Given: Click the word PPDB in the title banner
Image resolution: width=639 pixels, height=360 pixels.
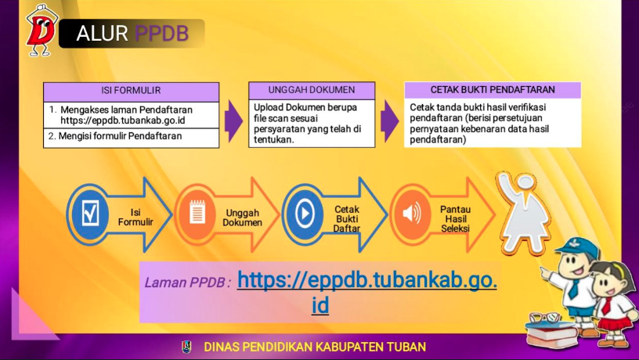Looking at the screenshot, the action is pos(161,34).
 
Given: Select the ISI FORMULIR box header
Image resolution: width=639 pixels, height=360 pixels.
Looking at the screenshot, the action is pos(132,92).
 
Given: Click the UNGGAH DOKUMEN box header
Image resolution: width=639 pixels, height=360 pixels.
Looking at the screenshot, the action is pos(312,91).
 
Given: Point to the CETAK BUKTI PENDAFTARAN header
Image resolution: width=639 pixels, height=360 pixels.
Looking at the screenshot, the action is pos(493,90).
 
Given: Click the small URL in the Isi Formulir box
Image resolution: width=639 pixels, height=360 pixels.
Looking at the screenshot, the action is pos(123,121).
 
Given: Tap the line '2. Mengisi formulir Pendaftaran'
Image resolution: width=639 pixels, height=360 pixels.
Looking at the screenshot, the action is pos(115,136).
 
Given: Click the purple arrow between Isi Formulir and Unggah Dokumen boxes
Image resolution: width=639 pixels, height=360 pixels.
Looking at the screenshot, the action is pos(233,121).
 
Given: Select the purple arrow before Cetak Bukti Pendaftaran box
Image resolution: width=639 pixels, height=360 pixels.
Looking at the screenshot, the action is pos(390,121).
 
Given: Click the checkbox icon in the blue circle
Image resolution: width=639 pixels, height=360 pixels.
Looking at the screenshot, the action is pos(90,214).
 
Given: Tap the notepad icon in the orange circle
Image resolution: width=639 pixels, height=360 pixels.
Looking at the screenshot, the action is pos(197,212).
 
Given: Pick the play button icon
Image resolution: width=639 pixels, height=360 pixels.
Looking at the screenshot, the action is pos(305,214).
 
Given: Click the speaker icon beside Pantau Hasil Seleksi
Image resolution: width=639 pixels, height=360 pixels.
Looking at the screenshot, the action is pos(412,214).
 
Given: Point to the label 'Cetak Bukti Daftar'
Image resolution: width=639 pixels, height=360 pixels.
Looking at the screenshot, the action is pos(347,218).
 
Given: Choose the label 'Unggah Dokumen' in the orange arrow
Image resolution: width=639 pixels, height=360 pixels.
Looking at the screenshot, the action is pos(242,218).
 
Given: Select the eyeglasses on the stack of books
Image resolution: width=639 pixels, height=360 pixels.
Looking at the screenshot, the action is pos(545,317).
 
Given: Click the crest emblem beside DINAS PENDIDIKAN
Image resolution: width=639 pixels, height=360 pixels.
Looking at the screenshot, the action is pos(186,347).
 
